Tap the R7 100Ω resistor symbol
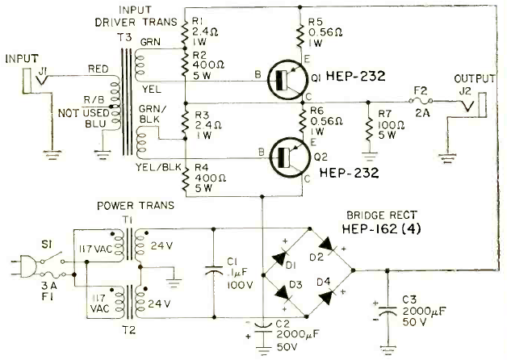(x=368, y=128)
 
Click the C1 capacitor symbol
(x=214, y=271)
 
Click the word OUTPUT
(x=475, y=78)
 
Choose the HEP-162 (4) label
(x=381, y=228)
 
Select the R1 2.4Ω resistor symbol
(x=185, y=33)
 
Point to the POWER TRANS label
(x=136, y=206)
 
